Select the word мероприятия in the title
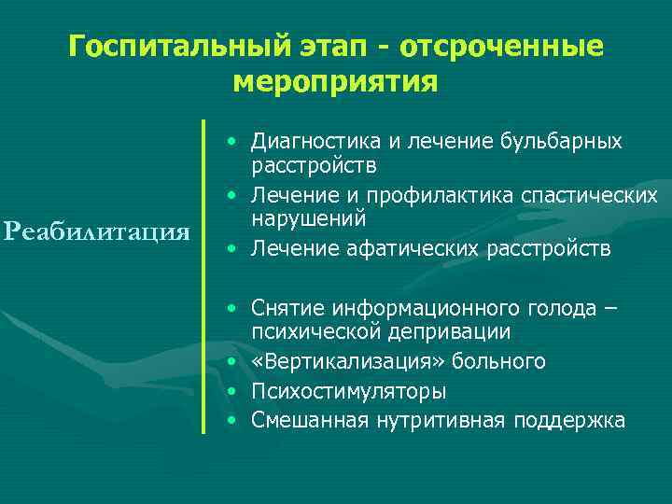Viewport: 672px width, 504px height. [335, 82]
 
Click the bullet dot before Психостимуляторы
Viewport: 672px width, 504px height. [232, 391]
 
